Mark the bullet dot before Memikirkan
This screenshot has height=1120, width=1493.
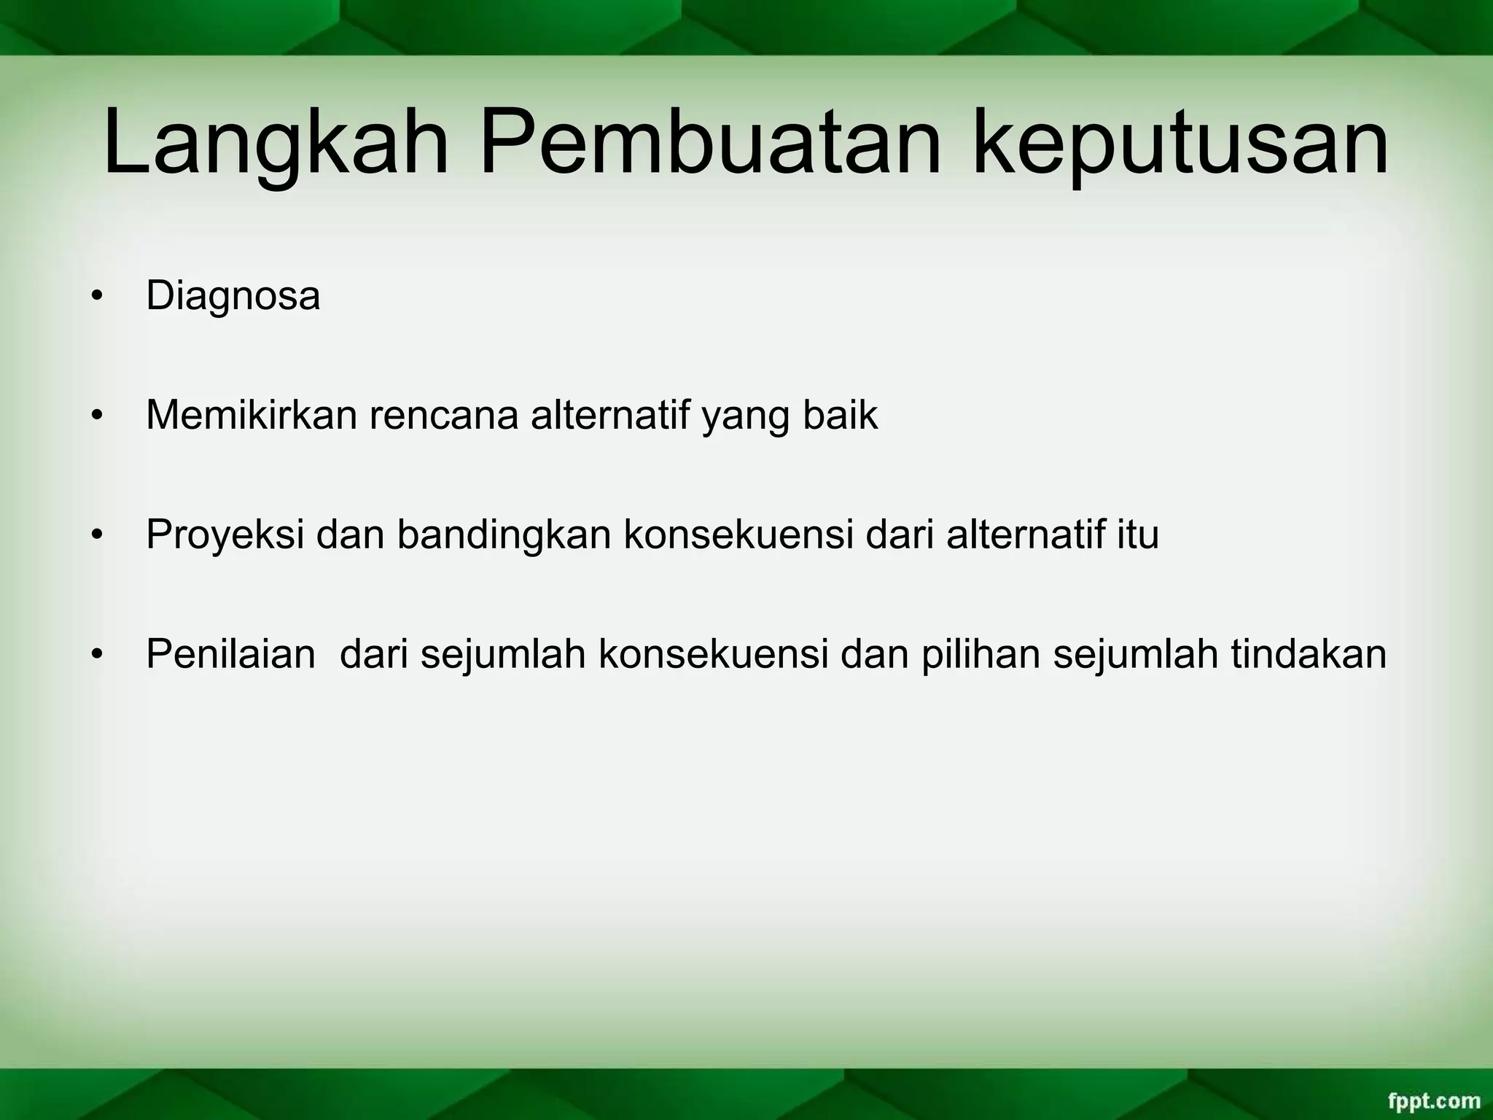(x=95, y=417)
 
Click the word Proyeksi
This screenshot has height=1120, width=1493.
(x=225, y=536)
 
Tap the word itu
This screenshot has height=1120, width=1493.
(x=1138, y=534)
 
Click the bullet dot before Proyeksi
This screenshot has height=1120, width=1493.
(x=95, y=537)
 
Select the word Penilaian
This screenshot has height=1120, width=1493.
(x=230, y=654)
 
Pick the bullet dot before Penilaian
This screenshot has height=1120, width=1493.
(x=95, y=656)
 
